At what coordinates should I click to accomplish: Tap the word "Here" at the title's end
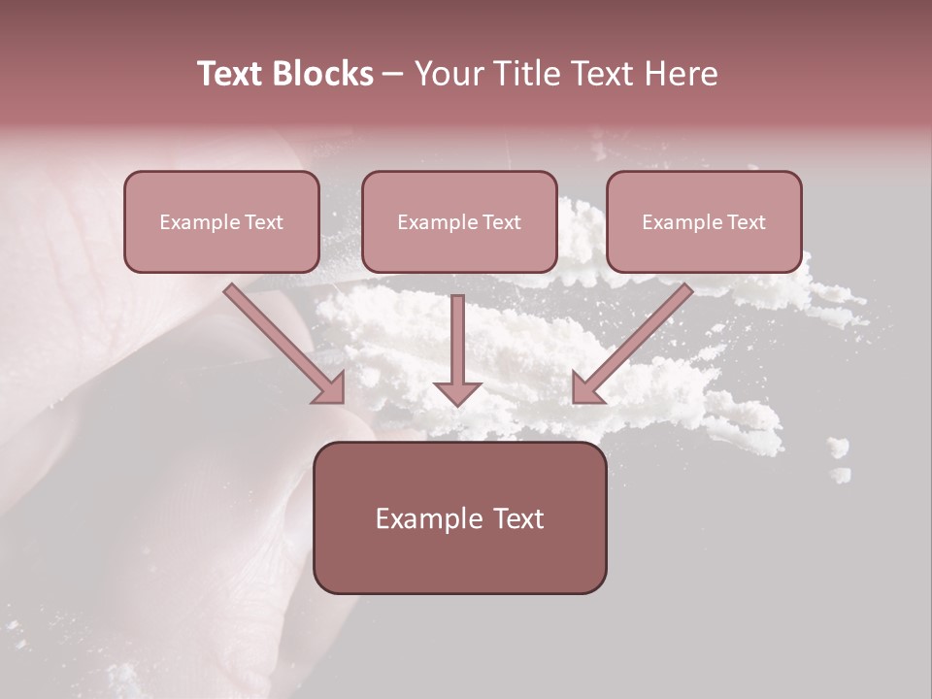pos(683,74)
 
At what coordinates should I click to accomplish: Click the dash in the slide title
pos(393,75)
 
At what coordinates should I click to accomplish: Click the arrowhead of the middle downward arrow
pos(458,391)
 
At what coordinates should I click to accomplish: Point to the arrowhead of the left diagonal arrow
pos(330,388)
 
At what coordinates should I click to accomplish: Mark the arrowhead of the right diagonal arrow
pos(586,388)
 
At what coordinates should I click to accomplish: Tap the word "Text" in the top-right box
pos(746,222)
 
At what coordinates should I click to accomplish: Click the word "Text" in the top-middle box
pos(501,222)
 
